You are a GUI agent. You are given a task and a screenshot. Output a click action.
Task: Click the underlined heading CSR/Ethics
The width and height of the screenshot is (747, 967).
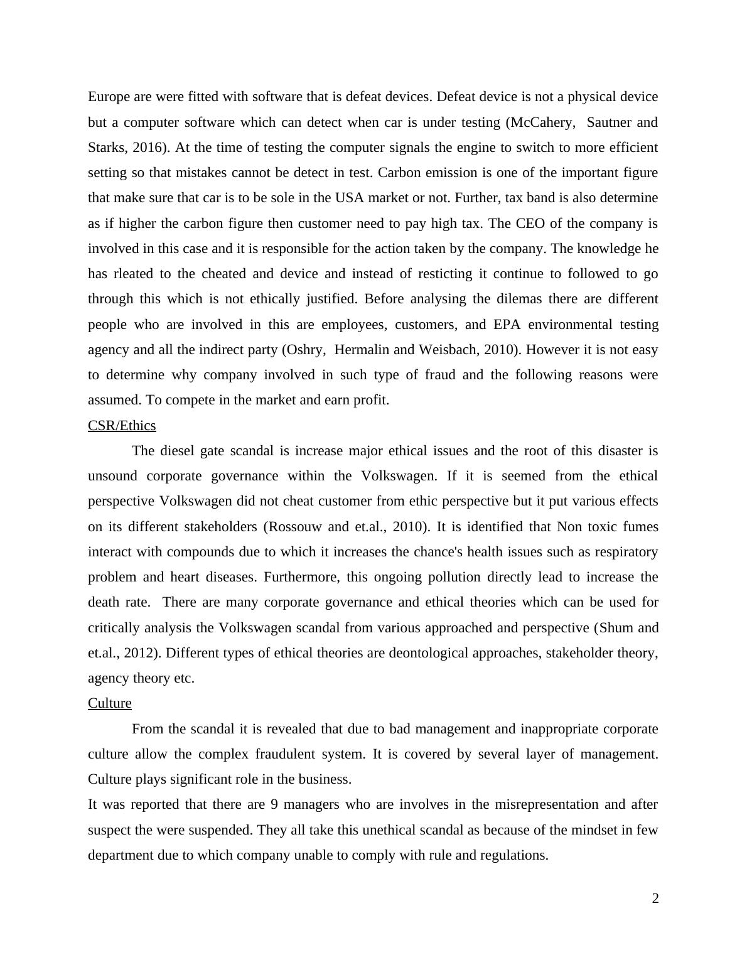[x=122, y=426]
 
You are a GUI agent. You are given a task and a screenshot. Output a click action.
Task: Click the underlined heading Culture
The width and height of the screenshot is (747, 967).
[x=110, y=703]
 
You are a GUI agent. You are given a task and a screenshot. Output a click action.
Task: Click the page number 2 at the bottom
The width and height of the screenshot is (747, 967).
[x=655, y=899]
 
